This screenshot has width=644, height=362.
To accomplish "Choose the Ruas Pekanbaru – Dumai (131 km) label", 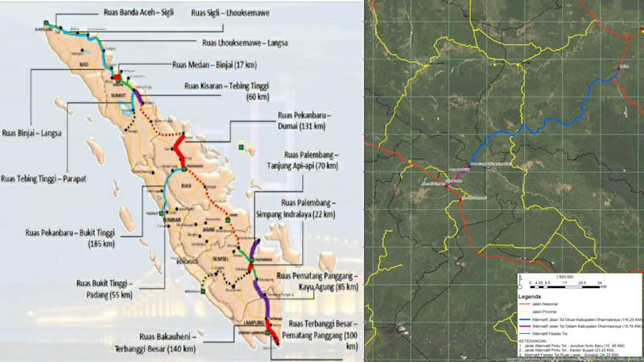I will [x=299, y=120].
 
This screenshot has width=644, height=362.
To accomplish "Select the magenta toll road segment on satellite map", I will [x=457, y=175].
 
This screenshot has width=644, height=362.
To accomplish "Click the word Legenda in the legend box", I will [x=532, y=295].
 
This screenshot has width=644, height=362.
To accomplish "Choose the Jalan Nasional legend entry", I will [x=547, y=304].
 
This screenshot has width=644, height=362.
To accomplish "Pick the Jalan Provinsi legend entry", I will [x=547, y=311].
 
